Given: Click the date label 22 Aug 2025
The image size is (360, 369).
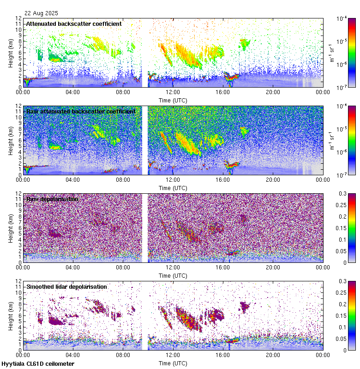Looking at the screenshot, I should (41, 13).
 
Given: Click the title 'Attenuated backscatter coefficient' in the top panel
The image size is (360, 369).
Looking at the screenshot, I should (74, 24).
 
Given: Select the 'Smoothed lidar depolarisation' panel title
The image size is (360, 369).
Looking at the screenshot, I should (66, 286).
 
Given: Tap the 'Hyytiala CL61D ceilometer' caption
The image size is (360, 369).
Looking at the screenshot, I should (38, 364).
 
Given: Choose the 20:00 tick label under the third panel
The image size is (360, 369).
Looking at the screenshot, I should (273, 268).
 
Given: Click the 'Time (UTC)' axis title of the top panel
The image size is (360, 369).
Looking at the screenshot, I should (173, 100).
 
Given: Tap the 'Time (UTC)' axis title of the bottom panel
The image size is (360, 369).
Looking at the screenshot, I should (173, 363).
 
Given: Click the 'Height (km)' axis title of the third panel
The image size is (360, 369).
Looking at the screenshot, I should (11, 228).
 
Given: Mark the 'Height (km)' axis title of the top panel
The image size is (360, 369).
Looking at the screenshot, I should (11, 53).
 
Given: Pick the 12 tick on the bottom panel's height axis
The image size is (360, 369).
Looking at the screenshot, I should (19, 281).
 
